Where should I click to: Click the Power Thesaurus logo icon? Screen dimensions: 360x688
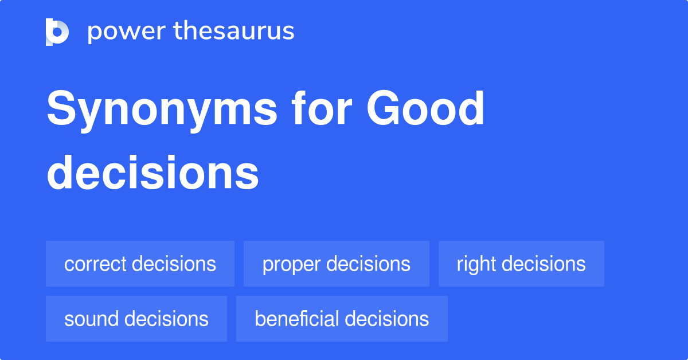[x=57, y=32]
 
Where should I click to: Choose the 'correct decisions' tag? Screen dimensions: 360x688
[x=140, y=264]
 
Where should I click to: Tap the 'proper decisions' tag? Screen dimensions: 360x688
[x=336, y=264]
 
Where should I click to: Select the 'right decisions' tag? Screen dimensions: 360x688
[x=521, y=264]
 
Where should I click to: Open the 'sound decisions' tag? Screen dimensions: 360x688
[x=136, y=319]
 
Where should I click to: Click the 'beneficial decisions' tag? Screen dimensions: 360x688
[x=342, y=319]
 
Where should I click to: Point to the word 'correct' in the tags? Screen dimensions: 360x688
[x=95, y=264]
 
